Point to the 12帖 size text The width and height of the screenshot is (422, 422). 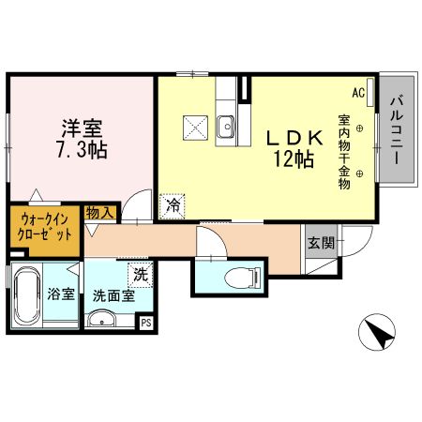coord(294,159)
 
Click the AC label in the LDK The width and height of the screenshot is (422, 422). coord(358,93)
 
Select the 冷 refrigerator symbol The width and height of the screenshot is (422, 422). coord(173,203)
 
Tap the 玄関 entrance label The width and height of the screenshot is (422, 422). coord(320,243)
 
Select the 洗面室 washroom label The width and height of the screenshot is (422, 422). coord(113,294)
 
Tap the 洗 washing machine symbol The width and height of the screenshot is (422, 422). coord(140,275)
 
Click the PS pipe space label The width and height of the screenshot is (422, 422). coord(146,322)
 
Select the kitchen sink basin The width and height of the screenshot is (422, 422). coord(226,125)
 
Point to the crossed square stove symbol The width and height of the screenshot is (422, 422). coord(195,125)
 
